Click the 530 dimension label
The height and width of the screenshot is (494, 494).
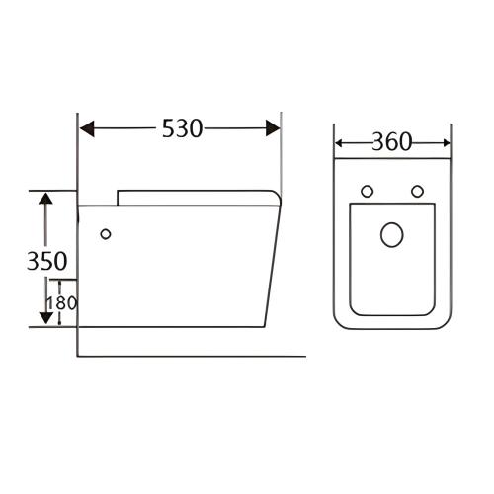[x=183, y=128]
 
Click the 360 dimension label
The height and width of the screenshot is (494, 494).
[x=392, y=142]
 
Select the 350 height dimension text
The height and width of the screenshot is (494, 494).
[x=46, y=261]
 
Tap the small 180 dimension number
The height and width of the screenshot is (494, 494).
[x=62, y=303]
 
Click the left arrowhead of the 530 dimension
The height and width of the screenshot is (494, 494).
[x=87, y=128]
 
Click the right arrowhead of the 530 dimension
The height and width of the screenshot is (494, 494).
[x=273, y=128]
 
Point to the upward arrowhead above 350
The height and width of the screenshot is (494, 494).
[x=45, y=198]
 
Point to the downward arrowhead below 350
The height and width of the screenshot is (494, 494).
[x=46, y=318]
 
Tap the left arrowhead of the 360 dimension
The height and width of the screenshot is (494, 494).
[x=339, y=143]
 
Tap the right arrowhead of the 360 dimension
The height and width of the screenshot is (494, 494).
[x=446, y=143]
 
